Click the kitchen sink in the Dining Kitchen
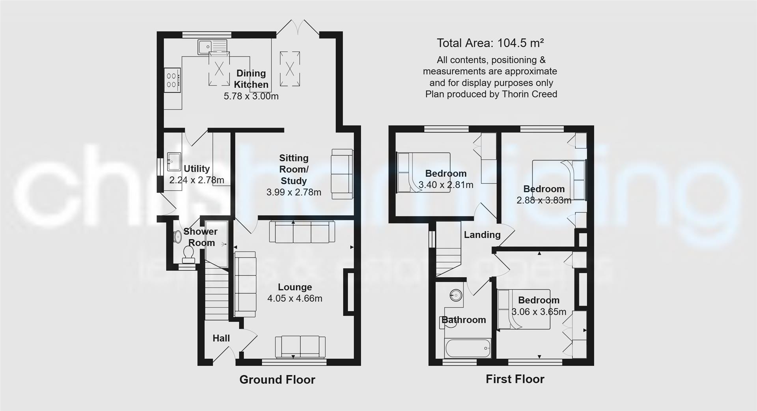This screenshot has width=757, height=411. [213, 47]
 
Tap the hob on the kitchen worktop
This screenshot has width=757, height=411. [173, 80]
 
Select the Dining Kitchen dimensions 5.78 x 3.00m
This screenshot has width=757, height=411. [251, 96]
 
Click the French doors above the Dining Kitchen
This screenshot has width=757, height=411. [298, 28]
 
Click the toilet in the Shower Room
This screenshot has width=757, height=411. [188, 254]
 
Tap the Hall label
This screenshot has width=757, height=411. [221, 338]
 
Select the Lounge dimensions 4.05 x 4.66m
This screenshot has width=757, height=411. [295, 299]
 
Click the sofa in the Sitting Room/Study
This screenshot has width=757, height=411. [342, 174]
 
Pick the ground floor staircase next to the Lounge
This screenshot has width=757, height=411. [216, 292]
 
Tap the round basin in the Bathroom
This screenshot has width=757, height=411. [456, 295]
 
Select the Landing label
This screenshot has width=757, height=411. [482, 235]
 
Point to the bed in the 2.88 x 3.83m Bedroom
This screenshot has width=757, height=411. [559, 179]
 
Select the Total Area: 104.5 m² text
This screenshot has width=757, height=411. [490, 43]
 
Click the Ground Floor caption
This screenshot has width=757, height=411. [277, 380]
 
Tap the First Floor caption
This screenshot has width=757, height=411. [515, 379]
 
